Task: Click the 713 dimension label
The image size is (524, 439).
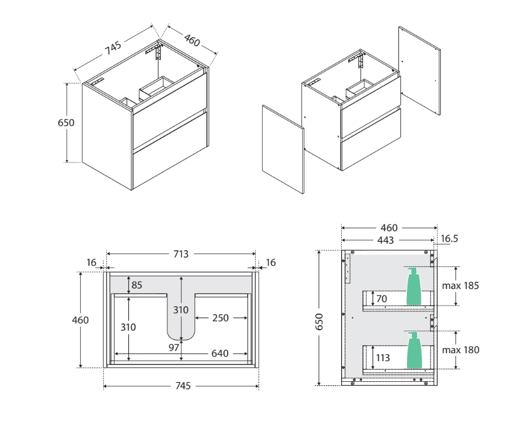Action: [x=181, y=254]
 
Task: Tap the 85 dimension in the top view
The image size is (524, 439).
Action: [x=136, y=284]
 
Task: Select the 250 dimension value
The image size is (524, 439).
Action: [x=221, y=318]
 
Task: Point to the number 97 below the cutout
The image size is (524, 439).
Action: [x=174, y=347]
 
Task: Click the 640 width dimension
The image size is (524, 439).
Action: [x=220, y=354]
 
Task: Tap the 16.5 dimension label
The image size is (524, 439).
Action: [x=449, y=239]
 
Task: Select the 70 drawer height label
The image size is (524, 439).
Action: [x=382, y=298]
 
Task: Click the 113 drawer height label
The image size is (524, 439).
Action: [x=382, y=358]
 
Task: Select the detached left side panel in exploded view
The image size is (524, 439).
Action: [x=283, y=149]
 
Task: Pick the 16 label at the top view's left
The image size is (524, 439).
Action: [x=91, y=262]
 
